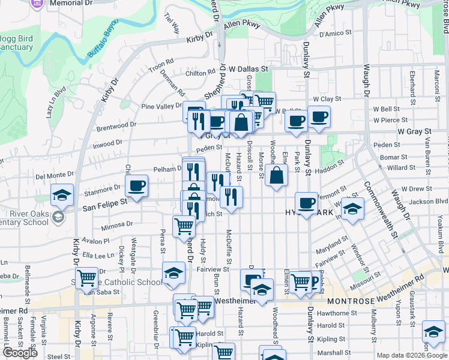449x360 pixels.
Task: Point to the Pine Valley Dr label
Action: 161,106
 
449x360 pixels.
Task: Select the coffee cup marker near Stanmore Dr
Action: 137,186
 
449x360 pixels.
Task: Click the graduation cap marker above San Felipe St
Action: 62,196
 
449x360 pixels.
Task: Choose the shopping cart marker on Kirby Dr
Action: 88,278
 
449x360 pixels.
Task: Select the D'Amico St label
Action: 335,34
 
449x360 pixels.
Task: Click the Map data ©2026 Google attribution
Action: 412,355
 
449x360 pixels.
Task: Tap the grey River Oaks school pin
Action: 59,217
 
